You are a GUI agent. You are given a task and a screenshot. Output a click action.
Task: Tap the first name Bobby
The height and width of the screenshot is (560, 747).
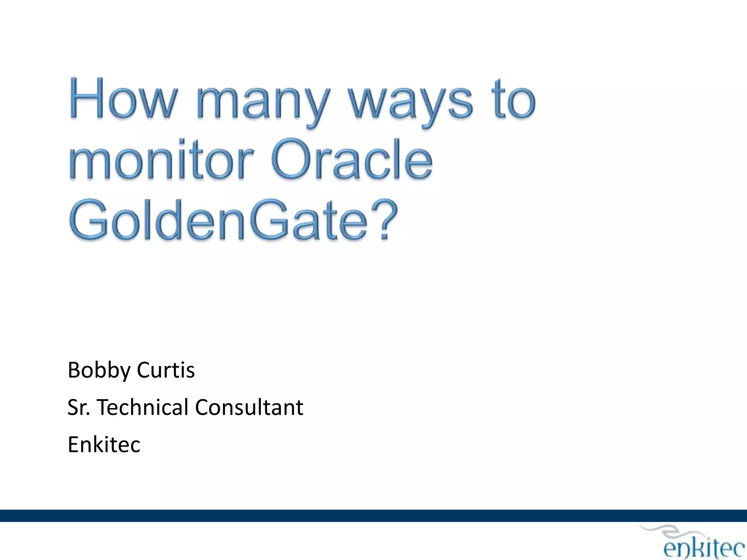tap(99, 371)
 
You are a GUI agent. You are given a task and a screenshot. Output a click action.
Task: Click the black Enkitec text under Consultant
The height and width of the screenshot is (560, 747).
tap(104, 444)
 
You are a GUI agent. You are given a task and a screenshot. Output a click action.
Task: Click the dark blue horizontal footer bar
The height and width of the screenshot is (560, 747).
tap(373, 516)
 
